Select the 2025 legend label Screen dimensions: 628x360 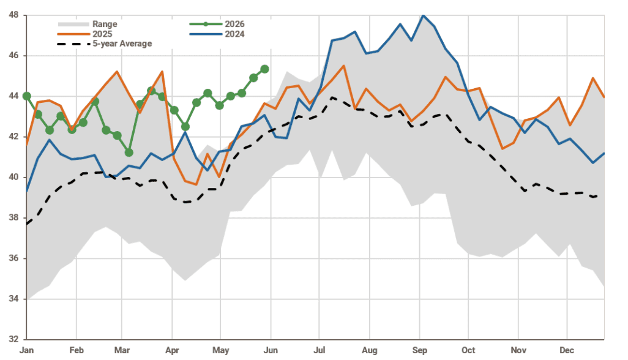pyautogui.click(x=102, y=34)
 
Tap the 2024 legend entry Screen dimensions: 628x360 pyautogui.click(x=234, y=34)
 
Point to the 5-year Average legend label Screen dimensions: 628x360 pyautogui.click(x=122, y=43)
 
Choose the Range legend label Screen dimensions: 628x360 pyautogui.click(x=105, y=24)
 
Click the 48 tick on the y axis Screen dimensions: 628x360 pyautogui.click(x=13, y=15)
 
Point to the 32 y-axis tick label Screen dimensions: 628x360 pyautogui.click(x=13, y=339)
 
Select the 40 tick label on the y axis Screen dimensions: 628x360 pyautogui.click(x=13, y=177)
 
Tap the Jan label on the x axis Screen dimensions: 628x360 pyautogui.click(x=27, y=350)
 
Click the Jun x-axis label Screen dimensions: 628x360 pyautogui.click(x=271, y=350)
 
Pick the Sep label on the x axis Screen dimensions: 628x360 pyautogui.click(x=420, y=350)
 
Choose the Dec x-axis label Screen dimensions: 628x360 pyautogui.click(x=567, y=350)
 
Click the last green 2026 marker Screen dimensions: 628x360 pyautogui.click(x=265, y=69)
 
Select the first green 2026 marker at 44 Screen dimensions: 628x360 pyautogui.click(x=27, y=96)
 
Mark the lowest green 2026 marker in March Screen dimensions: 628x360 pyautogui.click(x=129, y=152)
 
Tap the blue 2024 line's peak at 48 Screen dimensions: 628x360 pyautogui.click(x=424, y=15)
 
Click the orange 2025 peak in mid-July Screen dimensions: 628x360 pyautogui.click(x=343, y=66)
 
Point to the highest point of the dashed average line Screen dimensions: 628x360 pyautogui.click(x=332, y=97)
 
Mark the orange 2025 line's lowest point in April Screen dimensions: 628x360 pyautogui.click(x=196, y=184)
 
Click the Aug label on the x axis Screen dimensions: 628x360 pyautogui.click(x=369, y=350)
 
